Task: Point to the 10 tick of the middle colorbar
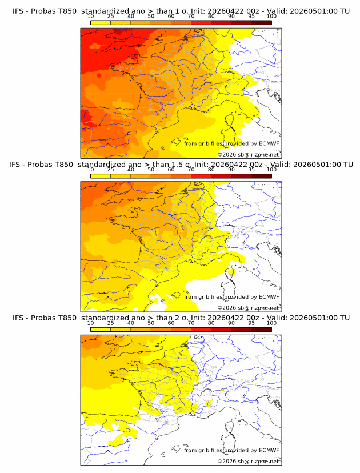pyautogui.click(x=91, y=170)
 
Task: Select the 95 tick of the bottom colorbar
pyautogui.click(x=251, y=323)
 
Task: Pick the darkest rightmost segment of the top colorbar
pyautogui.click(x=261, y=22)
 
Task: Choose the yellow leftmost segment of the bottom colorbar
pyautogui.click(x=101, y=330)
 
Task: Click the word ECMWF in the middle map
pyautogui.click(x=269, y=296)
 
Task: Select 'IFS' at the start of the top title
pyautogui.click(x=19, y=10)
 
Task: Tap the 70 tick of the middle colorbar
pyautogui.click(x=191, y=170)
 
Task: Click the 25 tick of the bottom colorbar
pyautogui.click(x=111, y=323)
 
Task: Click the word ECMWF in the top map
pyautogui.click(x=269, y=143)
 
